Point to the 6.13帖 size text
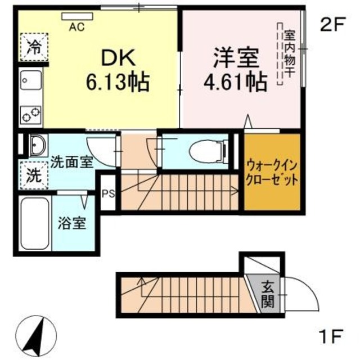[117, 83]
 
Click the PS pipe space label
[109, 195]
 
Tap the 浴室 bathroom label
[72, 222]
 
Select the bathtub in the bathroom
[34, 224]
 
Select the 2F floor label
[331, 25]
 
